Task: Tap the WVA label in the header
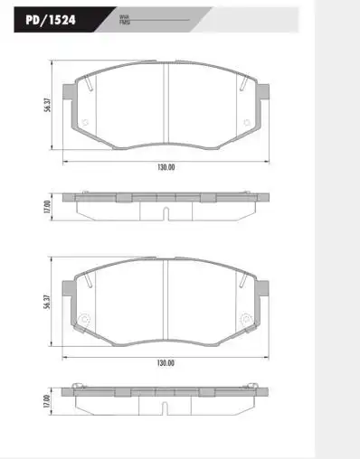[x=123, y=17]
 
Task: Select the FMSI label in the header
[x=124, y=23]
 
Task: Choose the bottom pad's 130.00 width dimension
[x=165, y=362]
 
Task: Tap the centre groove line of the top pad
[x=165, y=108]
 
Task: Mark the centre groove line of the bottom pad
[x=165, y=302]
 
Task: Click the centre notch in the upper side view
[x=165, y=214]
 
